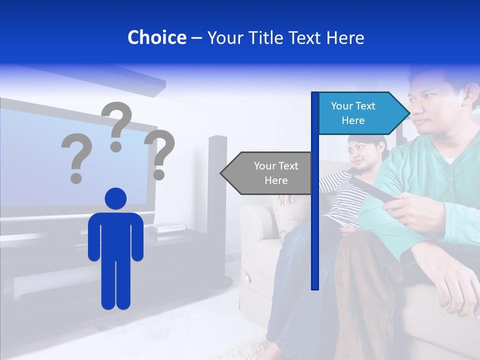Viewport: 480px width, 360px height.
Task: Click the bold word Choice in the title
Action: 156,37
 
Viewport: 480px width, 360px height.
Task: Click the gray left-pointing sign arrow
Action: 267,173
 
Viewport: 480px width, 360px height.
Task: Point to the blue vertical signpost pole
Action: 315,225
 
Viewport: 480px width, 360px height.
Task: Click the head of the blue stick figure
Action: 115,198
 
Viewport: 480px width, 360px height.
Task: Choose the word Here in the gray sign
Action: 276,180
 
